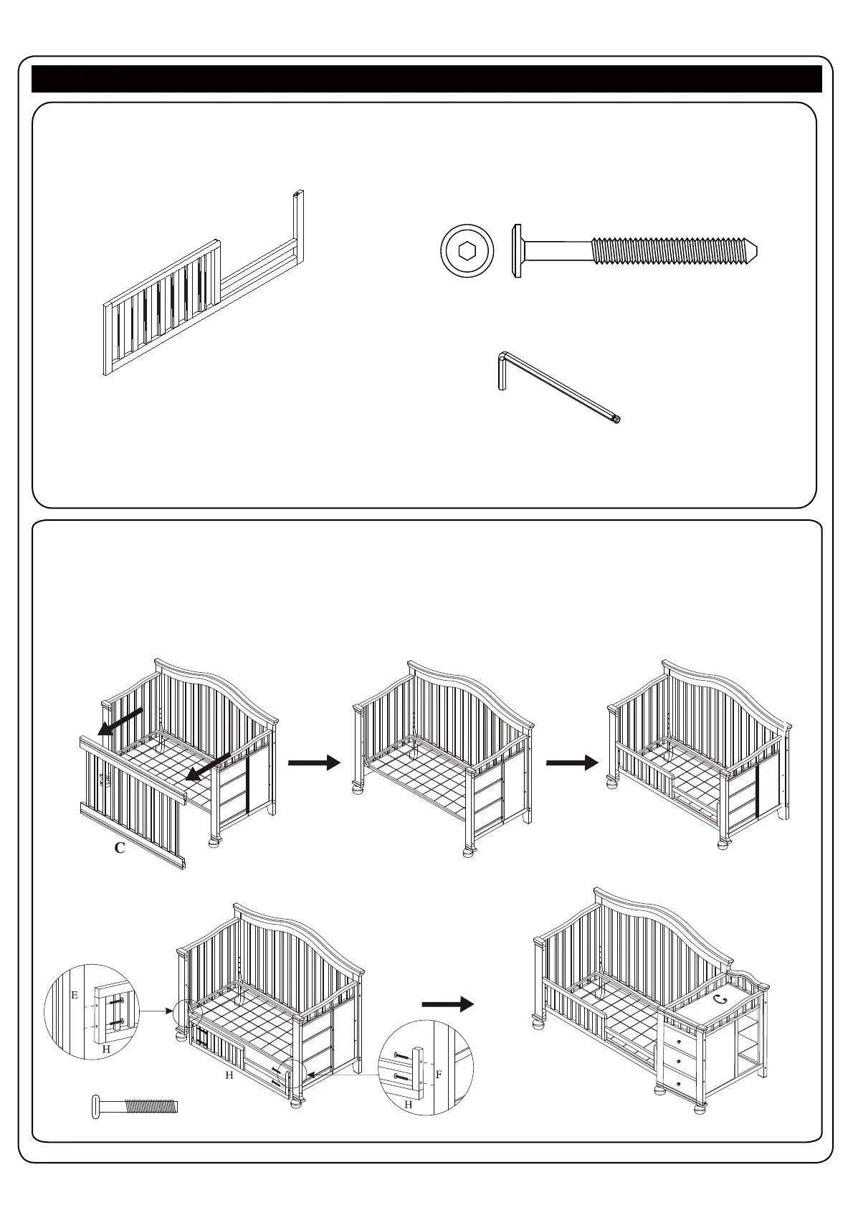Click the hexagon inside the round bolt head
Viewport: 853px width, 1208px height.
click(467, 251)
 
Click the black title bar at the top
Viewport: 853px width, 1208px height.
click(426, 79)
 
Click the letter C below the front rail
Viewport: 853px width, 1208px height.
click(120, 848)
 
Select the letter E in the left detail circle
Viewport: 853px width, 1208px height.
click(74, 996)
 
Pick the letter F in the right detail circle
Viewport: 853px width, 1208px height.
click(438, 1076)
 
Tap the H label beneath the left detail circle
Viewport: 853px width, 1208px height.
click(106, 1049)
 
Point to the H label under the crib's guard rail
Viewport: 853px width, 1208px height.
click(229, 1076)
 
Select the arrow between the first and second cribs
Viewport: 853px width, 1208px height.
click(313, 763)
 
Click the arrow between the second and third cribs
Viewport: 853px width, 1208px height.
click(571, 763)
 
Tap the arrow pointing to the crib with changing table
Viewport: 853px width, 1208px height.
click(448, 1004)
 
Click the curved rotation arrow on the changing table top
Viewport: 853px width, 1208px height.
click(720, 999)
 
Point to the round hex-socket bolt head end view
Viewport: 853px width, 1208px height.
click(467, 251)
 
